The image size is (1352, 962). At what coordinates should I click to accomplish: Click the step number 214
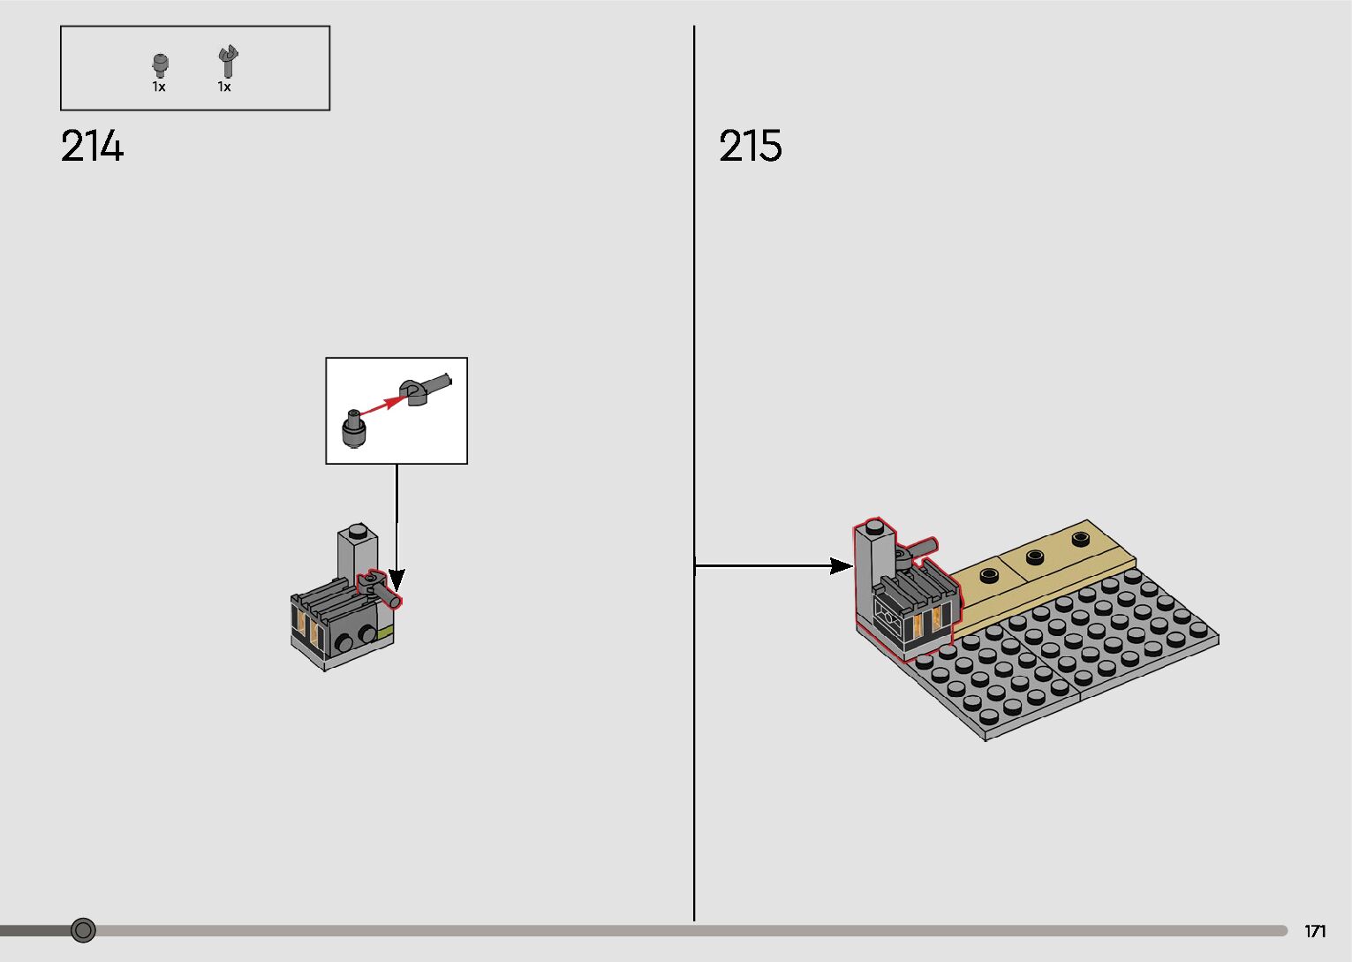tap(92, 146)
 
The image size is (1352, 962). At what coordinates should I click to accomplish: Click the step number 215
tap(750, 146)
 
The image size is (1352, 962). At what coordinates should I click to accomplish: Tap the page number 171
tap(1315, 931)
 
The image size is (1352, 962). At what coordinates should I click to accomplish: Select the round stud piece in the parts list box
tap(160, 64)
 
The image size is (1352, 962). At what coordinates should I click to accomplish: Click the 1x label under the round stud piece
tap(159, 87)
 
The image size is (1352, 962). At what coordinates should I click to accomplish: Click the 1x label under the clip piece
tap(224, 87)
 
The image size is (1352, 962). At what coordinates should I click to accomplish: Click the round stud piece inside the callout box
tap(353, 429)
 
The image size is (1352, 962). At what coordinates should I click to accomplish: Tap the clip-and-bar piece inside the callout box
tap(422, 389)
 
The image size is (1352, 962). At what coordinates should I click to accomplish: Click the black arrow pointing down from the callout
tap(397, 530)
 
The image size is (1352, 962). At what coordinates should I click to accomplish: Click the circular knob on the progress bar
tap(83, 929)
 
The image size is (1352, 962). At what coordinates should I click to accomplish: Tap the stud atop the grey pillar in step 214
tap(358, 531)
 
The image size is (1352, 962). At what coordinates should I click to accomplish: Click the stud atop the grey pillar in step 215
tap(874, 527)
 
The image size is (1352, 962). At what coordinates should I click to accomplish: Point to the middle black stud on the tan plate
tap(1035, 556)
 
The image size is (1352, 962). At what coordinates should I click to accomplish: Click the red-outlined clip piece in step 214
tap(378, 587)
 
